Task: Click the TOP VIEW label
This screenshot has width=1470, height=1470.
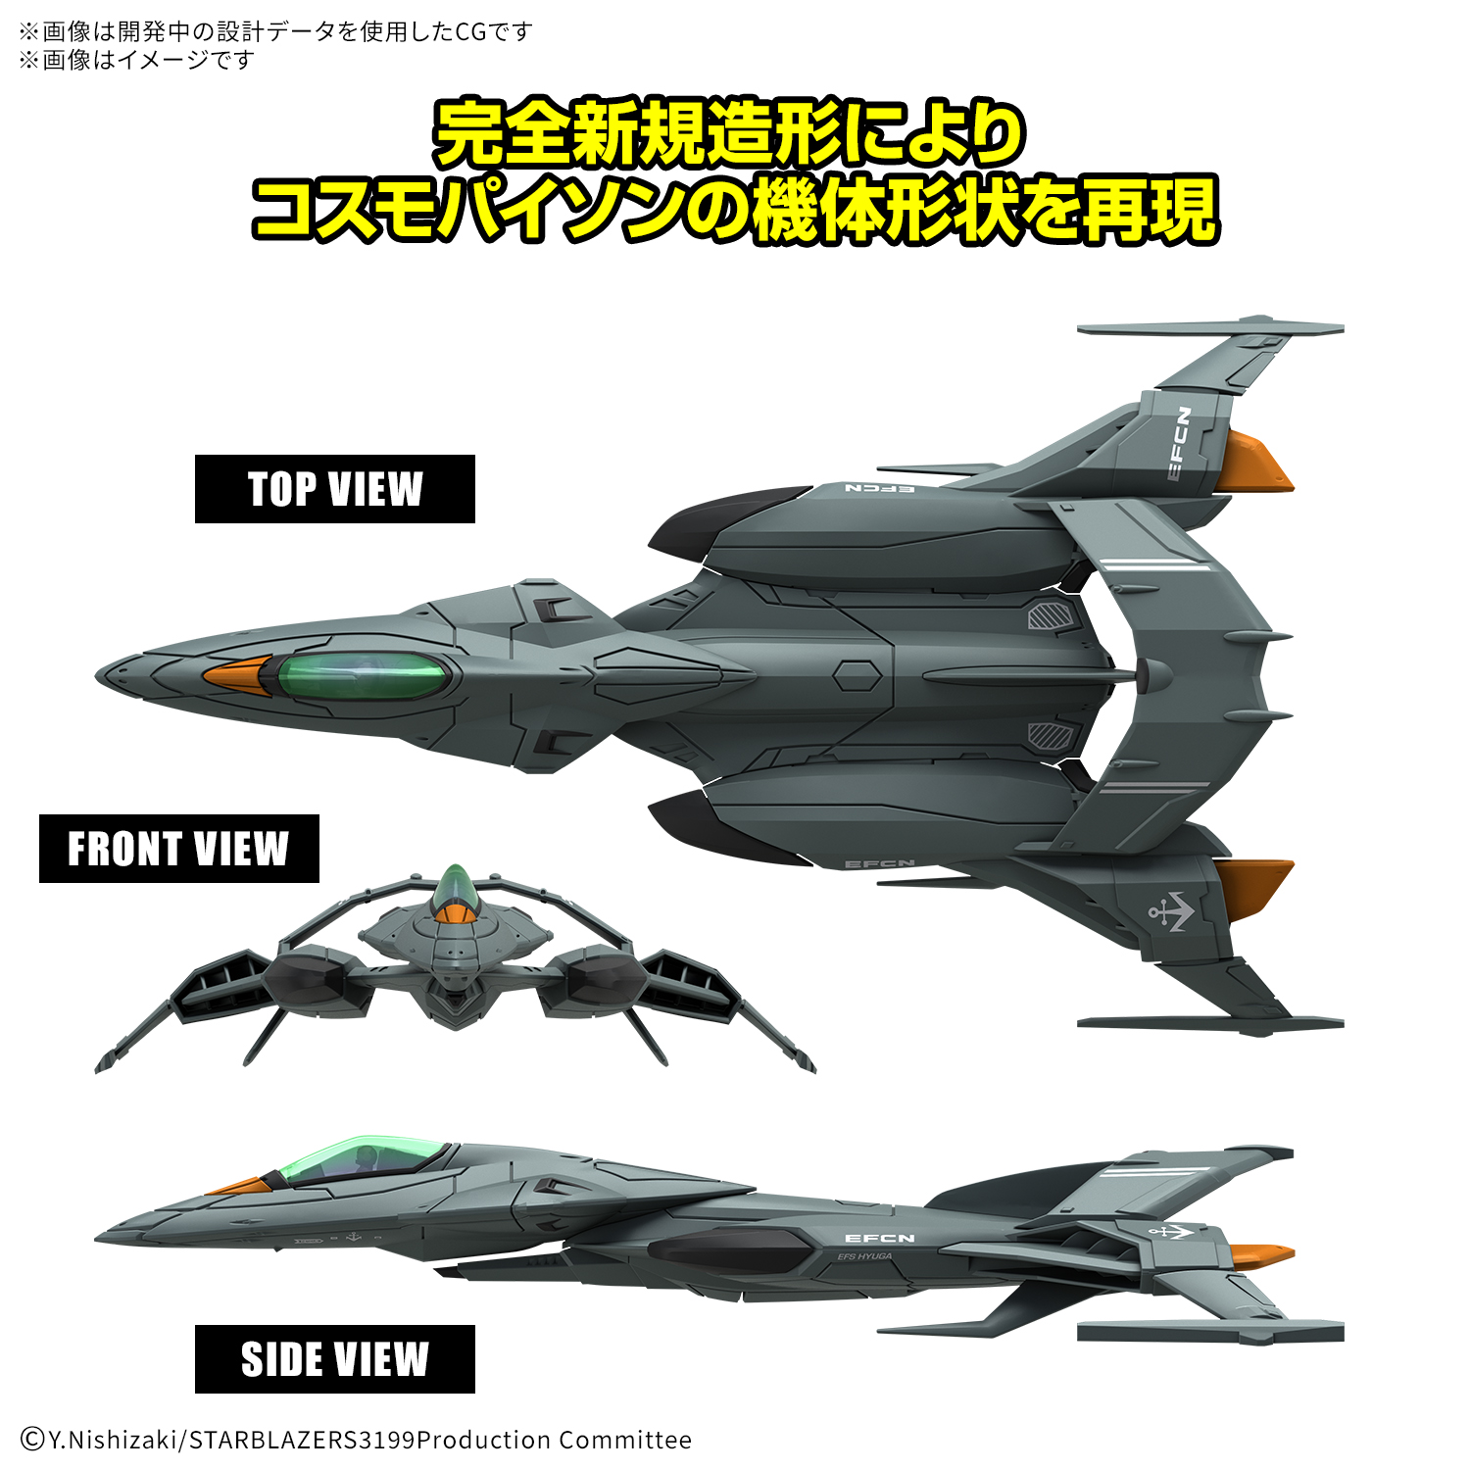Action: click(x=335, y=489)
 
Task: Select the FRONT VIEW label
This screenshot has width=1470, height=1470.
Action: click(x=178, y=849)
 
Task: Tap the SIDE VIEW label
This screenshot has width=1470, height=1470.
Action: click(x=335, y=1359)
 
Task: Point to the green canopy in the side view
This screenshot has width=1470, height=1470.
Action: click(x=361, y=1160)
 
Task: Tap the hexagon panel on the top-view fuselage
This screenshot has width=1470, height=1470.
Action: click(x=857, y=676)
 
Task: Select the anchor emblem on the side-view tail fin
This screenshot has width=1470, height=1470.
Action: click(x=1170, y=1231)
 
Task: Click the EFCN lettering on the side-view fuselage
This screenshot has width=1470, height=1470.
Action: click(x=879, y=1239)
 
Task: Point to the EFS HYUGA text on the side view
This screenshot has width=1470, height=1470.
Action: click(x=864, y=1256)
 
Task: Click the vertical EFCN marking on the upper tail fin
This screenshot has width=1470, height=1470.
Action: click(x=1180, y=444)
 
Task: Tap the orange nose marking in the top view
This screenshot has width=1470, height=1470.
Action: click(x=235, y=676)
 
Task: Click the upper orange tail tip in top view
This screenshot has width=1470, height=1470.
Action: click(x=1254, y=462)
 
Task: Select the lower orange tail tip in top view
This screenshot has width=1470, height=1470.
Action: click(x=1254, y=890)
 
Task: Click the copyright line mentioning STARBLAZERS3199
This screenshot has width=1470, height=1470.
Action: click(x=356, y=1440)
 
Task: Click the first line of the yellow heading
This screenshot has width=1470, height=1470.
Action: click(x=730, y=133)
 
